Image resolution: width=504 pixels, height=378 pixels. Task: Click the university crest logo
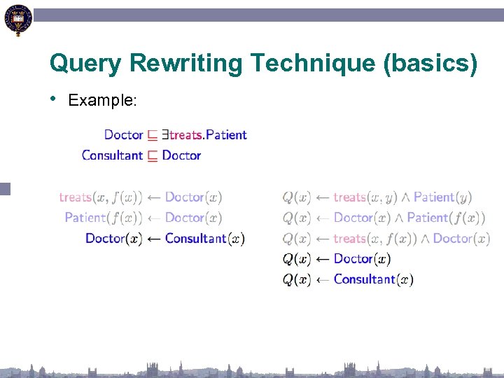tap(17, 20)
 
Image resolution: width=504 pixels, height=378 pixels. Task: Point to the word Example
tap(101, 100)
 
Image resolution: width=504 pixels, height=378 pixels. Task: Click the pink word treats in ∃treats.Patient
tap(185, 134)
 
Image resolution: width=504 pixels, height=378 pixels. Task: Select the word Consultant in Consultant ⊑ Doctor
tap(112, 155)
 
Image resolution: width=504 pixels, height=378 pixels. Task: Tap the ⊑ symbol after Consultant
tap(153, 155)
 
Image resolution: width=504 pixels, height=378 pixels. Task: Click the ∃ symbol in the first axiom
tap(165, 134)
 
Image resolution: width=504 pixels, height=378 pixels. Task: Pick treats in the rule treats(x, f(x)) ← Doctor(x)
tap(76, 197)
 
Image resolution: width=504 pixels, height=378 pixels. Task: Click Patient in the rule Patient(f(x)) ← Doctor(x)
tap(85, 218)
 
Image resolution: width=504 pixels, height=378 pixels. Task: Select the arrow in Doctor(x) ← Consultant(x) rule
tap(153, 239)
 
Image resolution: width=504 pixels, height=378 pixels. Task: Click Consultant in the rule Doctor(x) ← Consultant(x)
tap(196, 239)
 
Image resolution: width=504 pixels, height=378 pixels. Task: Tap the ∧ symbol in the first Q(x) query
tap(405, 197)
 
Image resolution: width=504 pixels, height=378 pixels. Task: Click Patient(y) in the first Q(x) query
tap(443, 197)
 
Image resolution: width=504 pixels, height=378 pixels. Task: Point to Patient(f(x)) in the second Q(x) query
tap(446, 218)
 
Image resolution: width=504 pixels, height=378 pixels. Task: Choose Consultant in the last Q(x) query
tap(365, 279)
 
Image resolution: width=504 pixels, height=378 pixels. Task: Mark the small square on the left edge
tap(6, 188)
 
